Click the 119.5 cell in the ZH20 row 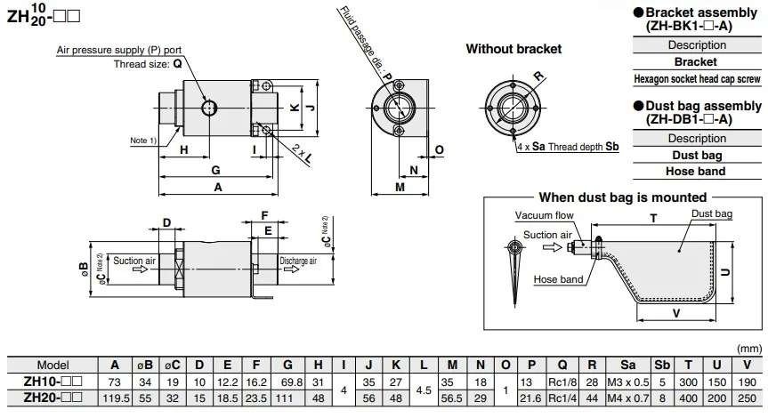tap(116, 398)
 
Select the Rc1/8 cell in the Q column tap(562, 382)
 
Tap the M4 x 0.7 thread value tap(628, 398)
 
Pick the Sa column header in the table tap(628, 366)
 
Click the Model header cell tap(53, 366)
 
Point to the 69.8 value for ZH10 tap(291, 382)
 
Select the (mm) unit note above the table tap(749, 349)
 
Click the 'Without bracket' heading tap(513, 49)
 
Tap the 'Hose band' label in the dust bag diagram tap(558, 279)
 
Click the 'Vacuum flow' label tap(544, 215)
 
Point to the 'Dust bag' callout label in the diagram tap(712, 213)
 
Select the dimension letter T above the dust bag tap(653, 218)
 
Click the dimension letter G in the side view tap(215, 171)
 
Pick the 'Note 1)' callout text tap(143, 141)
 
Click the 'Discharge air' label tap(298, 261)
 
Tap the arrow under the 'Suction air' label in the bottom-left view tap(140, 269)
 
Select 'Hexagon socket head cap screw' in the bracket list tap(697, 79)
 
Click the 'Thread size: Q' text tap(148, 64)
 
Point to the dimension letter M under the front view tap(400, 187)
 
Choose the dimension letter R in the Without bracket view tap(538, 76)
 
